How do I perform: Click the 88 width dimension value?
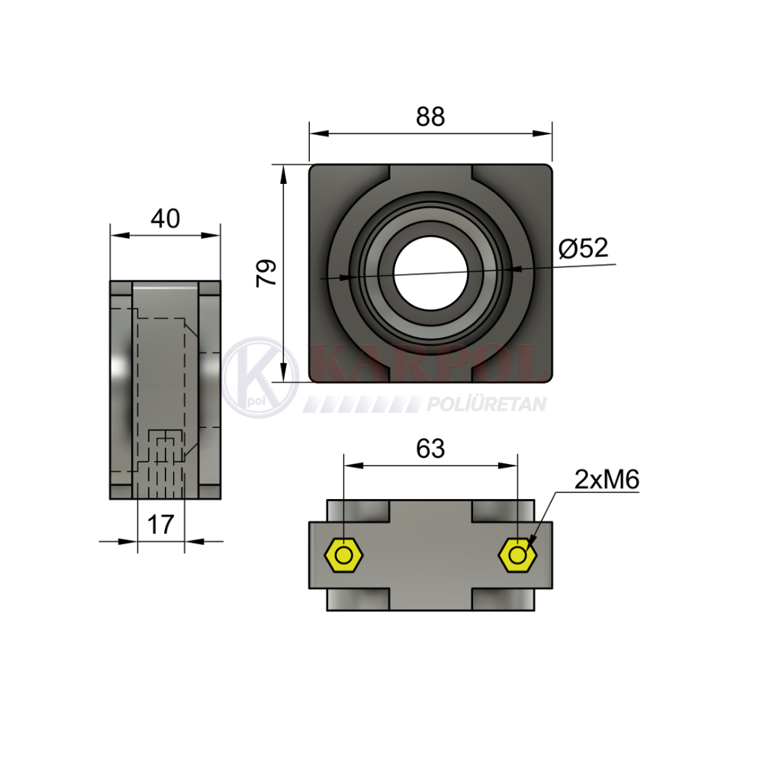pos(430,117)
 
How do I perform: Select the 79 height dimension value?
pos(266,273)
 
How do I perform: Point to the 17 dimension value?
pos(160,525)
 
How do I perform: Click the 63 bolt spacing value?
pos(430,449)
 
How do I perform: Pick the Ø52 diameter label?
pos(584,248)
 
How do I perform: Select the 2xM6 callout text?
pos(607,480)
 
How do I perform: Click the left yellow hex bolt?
pos(344,555)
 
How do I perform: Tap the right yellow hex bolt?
pos(518,555)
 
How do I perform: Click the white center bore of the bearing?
pos(430,273)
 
